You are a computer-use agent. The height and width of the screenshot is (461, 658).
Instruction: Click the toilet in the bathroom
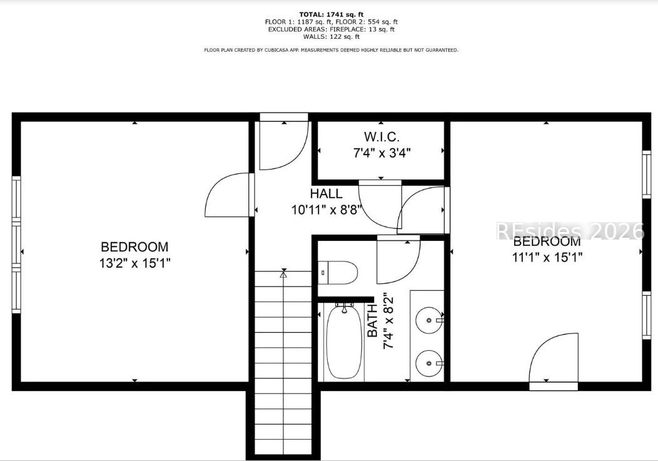(x=337, y=273)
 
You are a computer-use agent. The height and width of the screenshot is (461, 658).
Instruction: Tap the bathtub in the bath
(x=344, y=342)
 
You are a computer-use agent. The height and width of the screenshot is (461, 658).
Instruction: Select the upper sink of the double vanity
(x=429, y=320)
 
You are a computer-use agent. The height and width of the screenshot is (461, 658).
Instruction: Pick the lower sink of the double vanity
(x=429, y=363)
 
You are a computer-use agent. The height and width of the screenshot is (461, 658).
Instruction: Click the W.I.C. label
(x=382, y=137)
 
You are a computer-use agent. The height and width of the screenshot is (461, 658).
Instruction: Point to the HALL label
(x=326, y=193)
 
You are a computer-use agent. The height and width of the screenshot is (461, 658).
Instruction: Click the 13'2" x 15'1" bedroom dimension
(x=134, y=263)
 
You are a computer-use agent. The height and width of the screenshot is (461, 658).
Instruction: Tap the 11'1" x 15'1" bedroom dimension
(x=547, y=256)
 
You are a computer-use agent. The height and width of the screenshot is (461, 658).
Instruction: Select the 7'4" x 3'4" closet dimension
(x=382, y=153)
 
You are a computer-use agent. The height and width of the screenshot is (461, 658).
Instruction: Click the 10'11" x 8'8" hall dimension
(x=326, y=210)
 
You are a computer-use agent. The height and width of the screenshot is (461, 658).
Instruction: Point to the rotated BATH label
(x=372, y=321)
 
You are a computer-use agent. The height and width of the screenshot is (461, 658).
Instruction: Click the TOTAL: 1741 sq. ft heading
(x=332, y=14)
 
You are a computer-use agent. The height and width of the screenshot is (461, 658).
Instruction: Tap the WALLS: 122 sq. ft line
(x=332, y=36)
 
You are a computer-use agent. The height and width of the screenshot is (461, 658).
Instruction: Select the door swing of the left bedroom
(x=228, y=195)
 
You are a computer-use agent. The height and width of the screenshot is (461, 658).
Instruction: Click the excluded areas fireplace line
(x=332, y=29)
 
